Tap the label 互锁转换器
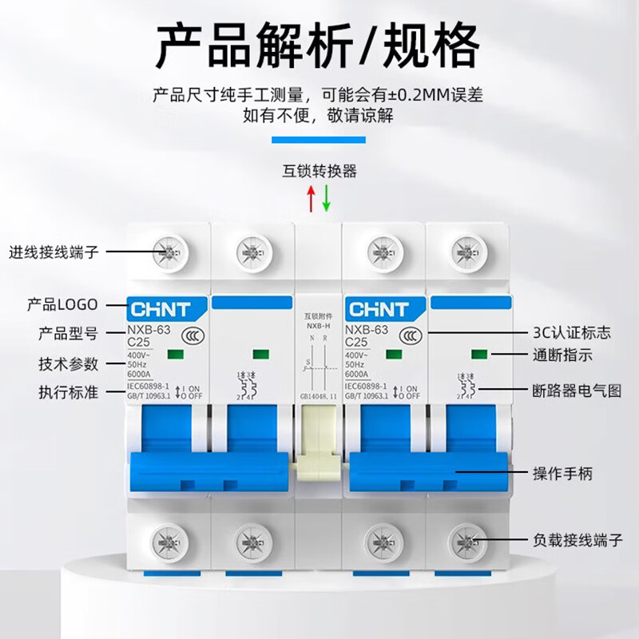pos(319,171)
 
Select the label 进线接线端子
pos(54,252)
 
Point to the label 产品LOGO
pos(62,304)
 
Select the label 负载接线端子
pos(577,540)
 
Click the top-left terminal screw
pos(169,253)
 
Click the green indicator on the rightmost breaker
pos(478,353)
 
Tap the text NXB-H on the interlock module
pos(318,327)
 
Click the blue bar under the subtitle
pos(319,140)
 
